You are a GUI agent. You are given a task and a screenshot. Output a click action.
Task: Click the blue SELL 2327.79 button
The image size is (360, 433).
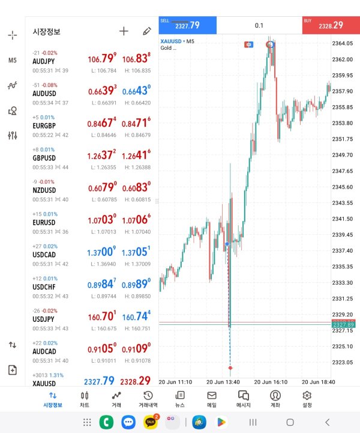(187, 25)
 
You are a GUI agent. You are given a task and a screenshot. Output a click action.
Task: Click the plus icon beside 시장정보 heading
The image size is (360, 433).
(124, 31)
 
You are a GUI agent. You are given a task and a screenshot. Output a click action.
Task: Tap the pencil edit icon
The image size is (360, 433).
(147, 31)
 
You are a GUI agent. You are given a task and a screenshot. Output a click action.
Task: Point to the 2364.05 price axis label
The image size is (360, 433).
(342, 43)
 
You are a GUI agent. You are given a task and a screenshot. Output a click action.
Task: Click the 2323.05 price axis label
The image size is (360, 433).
(342, 362)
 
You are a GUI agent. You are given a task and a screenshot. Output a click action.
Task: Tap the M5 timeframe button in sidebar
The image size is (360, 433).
(13, 60)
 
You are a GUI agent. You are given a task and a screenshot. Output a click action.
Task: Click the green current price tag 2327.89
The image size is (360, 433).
(342, 324)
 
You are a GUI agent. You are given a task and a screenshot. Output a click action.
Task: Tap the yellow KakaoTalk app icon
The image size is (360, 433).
(151, 422)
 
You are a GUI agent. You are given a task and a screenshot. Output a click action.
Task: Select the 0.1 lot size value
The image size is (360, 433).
(259, 25)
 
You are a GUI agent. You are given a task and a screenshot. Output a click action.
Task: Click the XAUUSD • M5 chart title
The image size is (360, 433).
(178, 41)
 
